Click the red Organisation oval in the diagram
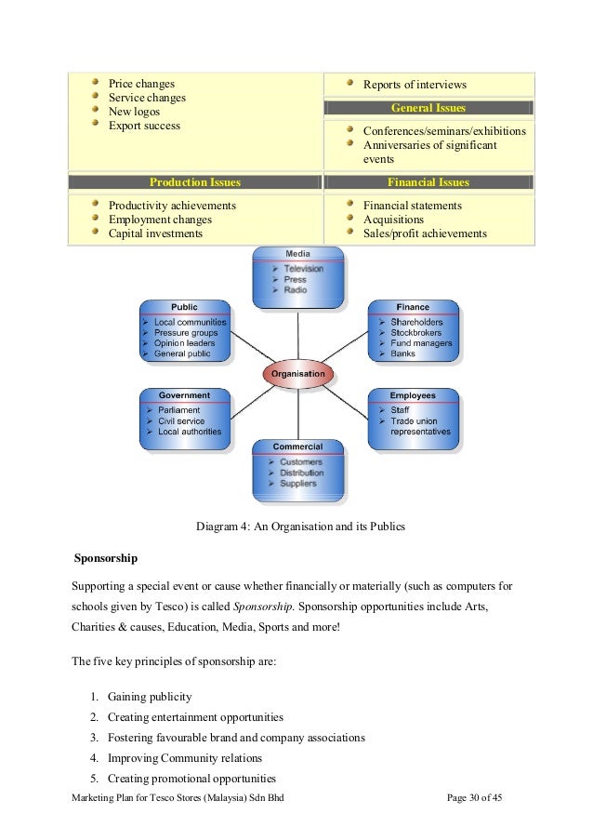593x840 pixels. pyautogui.click(x=297, y=374)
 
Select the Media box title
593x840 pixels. pyautogui.click(x=297, y=253)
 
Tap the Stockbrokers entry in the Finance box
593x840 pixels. pyautogui.click(x=415, y=332)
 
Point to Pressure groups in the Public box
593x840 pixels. pyautogui.click(x=186, y=332)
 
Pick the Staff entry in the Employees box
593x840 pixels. pyautogui.click(x=400, y=409)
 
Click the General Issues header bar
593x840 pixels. pyautogui.click(x=428, y=108)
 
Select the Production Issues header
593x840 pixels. pyautogui.click(x=195, y=182)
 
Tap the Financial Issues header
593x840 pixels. pyautogui.click(x=428, y=182)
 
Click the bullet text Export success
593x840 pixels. pyautogui.click(x=144, y=126)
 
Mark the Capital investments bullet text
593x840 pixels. pyautogui.click(x=155, y=233)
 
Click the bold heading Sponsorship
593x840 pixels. pyautogui.click(x=106, y=558)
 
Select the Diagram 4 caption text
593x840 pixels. pyautogui.click(x=300, y=527)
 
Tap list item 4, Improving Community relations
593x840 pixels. pyautogui.click(x=184, y=758)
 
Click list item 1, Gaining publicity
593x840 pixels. pyautogui.click(x=151, y=697)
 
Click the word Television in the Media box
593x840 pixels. pyautogui.click(x=303, y=269)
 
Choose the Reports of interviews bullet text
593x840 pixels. pyautogui.click(x=415, y=85)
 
